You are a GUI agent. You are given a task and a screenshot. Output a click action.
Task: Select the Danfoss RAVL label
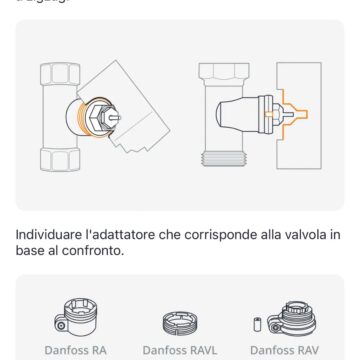point(180,352)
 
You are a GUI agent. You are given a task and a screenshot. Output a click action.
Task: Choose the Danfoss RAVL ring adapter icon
point(180,322)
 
